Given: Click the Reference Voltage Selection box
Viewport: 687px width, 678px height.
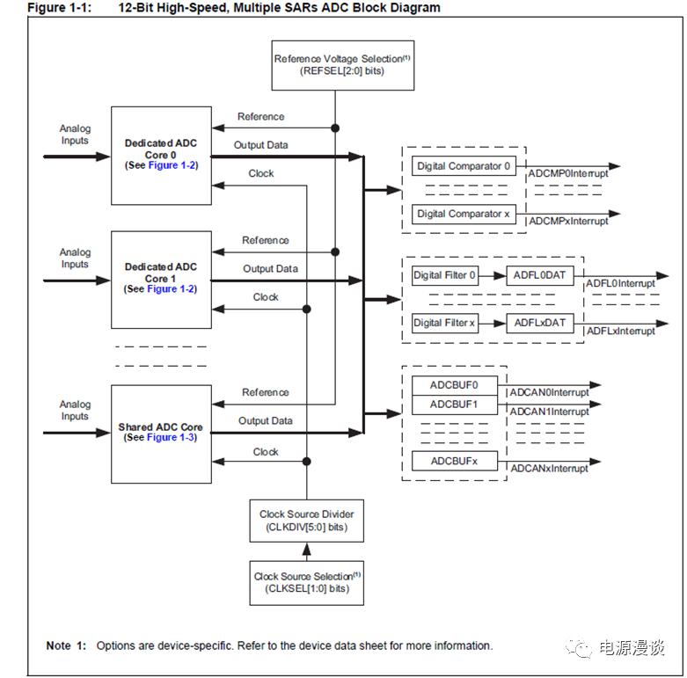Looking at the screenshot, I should click(330, 64).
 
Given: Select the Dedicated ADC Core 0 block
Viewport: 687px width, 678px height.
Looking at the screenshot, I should click(161, 155).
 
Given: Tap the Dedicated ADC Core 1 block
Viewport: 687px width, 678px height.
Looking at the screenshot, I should click(161, 279).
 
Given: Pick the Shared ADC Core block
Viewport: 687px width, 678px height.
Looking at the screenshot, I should click(161, 433).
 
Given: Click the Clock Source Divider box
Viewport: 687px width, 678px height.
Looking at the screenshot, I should click(306, 521).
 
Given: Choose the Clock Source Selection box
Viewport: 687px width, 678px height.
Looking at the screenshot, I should click(306, 582).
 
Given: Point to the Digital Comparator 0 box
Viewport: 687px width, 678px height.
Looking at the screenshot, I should click(464, 166).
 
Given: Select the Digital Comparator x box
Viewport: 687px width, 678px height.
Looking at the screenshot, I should click(464, 214).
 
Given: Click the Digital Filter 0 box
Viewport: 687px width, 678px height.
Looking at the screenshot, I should click(445, 276).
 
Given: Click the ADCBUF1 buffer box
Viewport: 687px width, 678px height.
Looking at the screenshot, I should click(454, 405).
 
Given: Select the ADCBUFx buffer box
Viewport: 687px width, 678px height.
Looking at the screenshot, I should click(454, 462).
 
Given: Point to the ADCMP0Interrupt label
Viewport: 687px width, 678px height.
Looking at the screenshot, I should click(568, 174).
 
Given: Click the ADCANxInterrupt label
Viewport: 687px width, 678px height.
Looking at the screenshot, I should click(550, 469).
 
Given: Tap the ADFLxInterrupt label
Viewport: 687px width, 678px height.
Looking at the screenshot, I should click(621, 332).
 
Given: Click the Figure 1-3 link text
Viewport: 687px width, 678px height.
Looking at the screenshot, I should click(172, 438).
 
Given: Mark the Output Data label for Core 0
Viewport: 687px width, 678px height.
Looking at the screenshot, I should click(260, 145).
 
